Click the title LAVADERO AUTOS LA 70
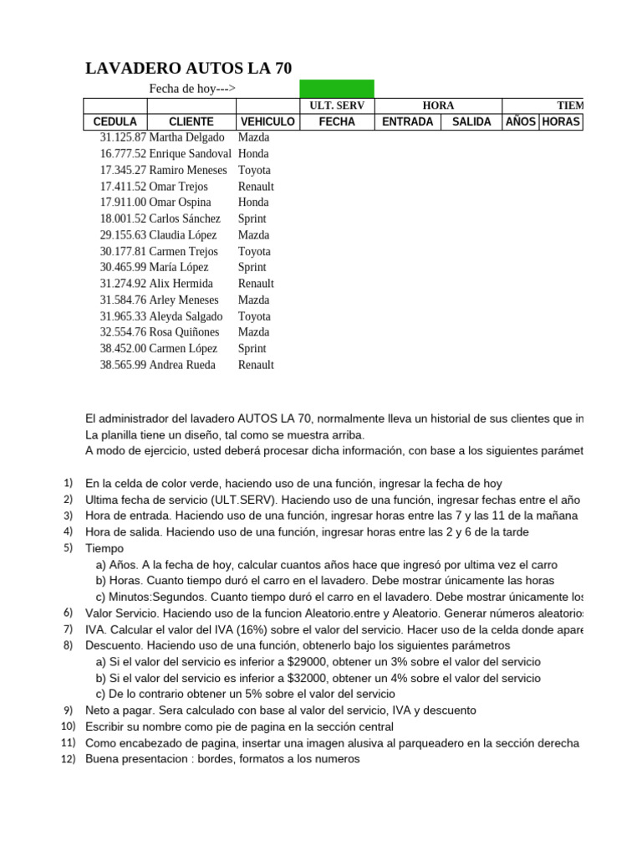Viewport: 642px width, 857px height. pyautogui.click(x=189, y=69)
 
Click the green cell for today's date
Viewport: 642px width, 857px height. pyautogui.click(x=337, y=89)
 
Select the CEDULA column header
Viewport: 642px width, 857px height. pyautogui.click(x=115, y=121)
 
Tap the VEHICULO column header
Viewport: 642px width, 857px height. pyautogui.click(x=267, y=121)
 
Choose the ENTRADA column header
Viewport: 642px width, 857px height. pyautogui.click(x=407, y=121)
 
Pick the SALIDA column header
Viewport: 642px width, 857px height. pyautogui.click(x=471, y=121)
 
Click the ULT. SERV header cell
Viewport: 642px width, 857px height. pyautogui.click(x=337, y=105)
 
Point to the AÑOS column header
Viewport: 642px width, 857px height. pyautogui.click(x=521, y=121)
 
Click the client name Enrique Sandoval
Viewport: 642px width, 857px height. pyautogui.click(x=190, y=154)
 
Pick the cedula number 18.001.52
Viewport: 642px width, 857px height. pyautogui.click(x=123, y=218)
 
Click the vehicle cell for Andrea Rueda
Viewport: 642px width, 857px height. pyautogui.click(x=256, y=365)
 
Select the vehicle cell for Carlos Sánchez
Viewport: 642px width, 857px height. pyautogui.click(x=252, y=218)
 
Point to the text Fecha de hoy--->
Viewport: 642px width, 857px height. pyautogui.click(x=192, y=89)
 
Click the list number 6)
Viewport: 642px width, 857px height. pyautogui.click(x=68, y=613)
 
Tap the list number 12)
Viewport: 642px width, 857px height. pyautogui.click(x=68, y=759)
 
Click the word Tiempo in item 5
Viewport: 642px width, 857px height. pyautogui.click(x=104, y=548)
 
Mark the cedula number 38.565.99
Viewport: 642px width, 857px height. pyautogui.click(x=123, y=365)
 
